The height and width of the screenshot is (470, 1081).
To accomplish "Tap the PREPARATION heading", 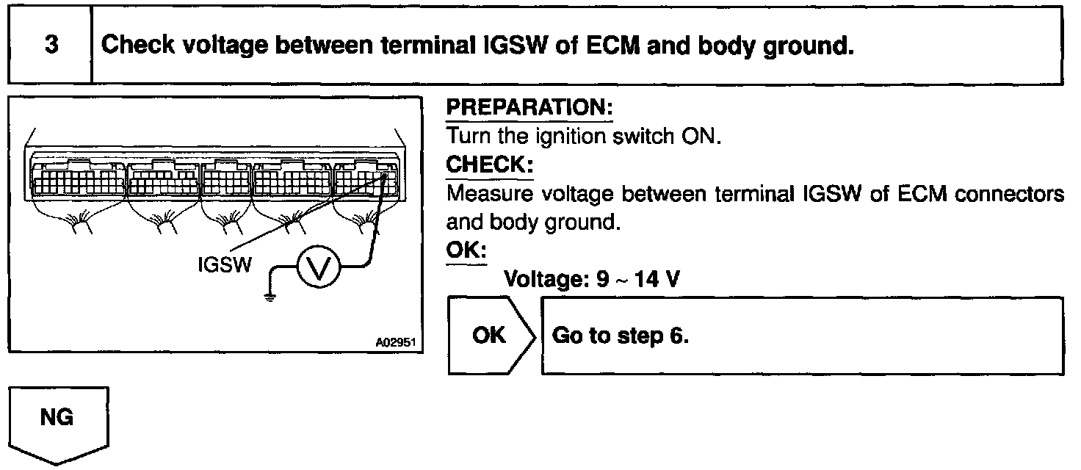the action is point(529,109).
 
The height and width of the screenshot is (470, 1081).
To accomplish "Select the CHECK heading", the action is point(489,165).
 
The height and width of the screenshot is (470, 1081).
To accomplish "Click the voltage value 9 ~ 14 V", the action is point(640,280).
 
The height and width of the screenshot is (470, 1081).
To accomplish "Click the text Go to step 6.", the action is point(620,336).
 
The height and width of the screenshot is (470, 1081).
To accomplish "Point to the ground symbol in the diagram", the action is point(270,297).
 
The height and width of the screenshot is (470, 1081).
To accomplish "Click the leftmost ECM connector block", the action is point(76,178).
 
